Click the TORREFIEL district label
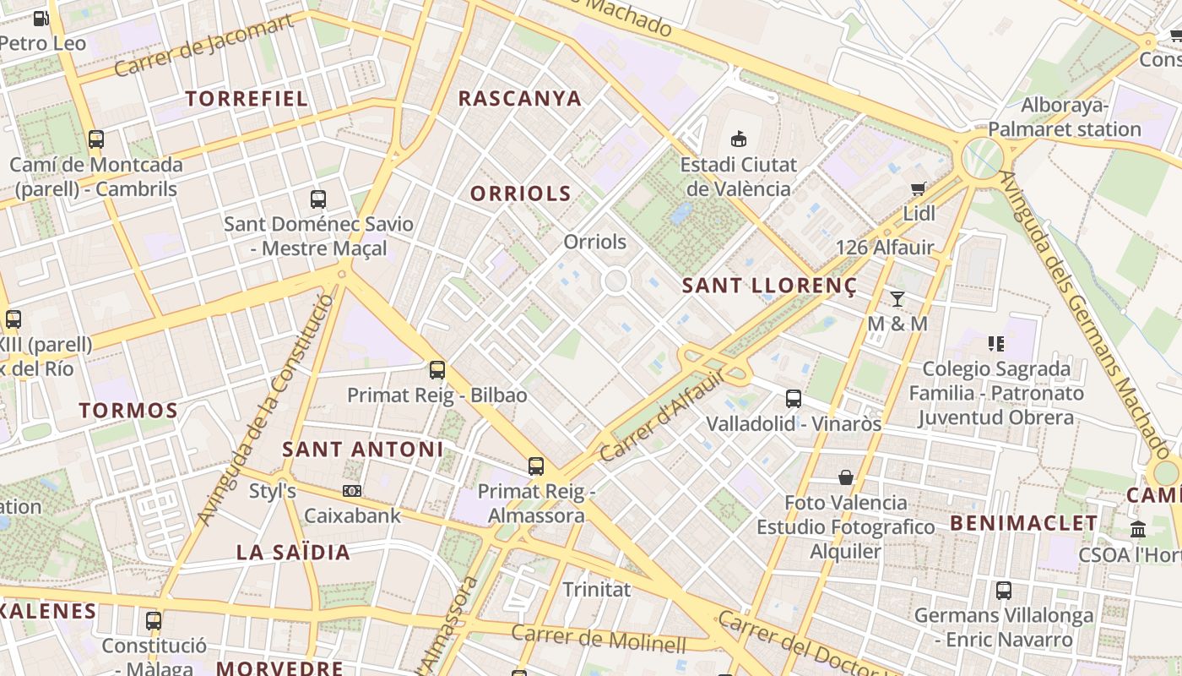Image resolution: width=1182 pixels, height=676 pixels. [247, 98]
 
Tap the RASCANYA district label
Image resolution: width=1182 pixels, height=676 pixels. [519, 98]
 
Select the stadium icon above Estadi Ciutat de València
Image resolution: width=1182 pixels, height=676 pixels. [740, 139]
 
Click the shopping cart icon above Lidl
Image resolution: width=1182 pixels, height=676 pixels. [919, 188]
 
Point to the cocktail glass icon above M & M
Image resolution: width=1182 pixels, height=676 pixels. [897, 298]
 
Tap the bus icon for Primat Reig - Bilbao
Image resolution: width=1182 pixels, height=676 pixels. [436, 369]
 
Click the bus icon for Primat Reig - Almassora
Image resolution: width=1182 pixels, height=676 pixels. [535, 466]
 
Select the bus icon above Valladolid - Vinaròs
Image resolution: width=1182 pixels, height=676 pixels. [793, 398]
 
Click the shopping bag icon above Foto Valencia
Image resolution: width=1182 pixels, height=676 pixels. [845, 477]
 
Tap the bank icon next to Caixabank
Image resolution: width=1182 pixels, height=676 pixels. [352, 491]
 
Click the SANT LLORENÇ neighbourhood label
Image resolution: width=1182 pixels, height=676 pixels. [768, 286]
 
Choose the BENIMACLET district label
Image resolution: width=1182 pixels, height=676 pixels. [1024, 523]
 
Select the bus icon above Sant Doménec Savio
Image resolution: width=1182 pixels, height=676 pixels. [317, 199]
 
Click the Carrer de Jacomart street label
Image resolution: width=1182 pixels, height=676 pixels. [203, 45]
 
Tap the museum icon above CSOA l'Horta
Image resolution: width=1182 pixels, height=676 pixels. [1137, 530]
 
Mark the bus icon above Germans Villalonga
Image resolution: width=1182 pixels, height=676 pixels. [1003, 591]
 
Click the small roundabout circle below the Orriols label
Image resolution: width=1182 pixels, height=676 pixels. [615, 281]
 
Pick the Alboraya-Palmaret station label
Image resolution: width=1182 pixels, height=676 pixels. [1064, 117]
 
